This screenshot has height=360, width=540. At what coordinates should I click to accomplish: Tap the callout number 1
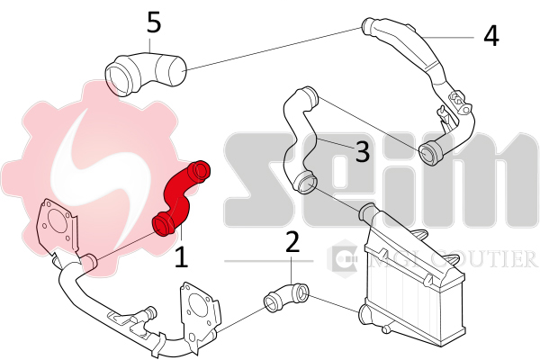pos(181,257)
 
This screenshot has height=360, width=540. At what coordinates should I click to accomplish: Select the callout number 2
pos(292,242)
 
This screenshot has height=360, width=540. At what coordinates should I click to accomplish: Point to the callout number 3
pos(362,151)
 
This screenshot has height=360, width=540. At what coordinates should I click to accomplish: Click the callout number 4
pos(490,36)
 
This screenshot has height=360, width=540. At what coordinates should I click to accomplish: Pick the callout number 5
pos(154,22)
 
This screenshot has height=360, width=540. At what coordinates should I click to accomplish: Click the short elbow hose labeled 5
pos(144,71)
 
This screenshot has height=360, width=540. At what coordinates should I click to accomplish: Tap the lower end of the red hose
pos(163,221)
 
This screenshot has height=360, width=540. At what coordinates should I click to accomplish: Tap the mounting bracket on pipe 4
pos(447,112)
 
